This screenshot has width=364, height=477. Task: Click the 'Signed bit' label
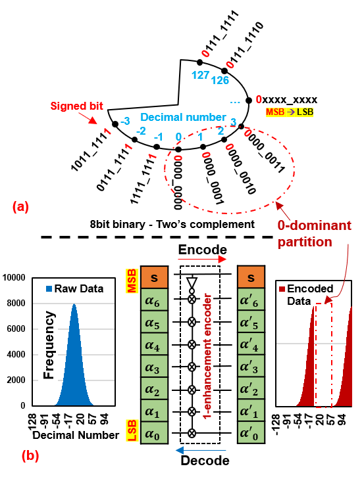point(77,105)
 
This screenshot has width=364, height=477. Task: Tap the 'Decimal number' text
point(183,117)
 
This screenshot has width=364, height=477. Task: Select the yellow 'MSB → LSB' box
point(290,112)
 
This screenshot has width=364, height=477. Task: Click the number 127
point(200,75)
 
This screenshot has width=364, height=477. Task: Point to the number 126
point(221,79)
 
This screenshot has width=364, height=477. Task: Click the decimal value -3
point(124,121)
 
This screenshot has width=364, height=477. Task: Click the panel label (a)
point(20,207)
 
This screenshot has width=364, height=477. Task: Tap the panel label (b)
point(30,455)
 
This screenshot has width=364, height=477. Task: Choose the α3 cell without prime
point(155,365)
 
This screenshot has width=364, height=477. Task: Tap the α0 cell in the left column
point(155,432)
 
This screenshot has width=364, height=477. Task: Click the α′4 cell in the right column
point(251,343)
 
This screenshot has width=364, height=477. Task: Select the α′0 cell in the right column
point(251,432)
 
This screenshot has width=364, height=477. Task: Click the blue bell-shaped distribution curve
point(74,368)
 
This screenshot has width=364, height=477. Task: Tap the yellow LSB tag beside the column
point(131,430)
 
